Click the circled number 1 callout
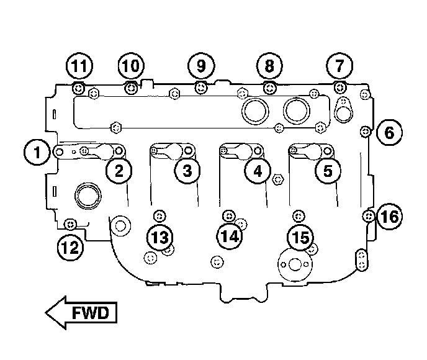[38, 151]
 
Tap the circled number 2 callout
[119, 170]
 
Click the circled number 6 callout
[389, 132]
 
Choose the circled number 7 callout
[339, 66]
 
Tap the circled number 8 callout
[269, 66]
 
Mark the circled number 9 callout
[200, 66]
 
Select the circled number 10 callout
[131, 66]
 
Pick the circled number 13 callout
[160, 237]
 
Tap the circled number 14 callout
[230, 236]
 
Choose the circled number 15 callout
[300, 237]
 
